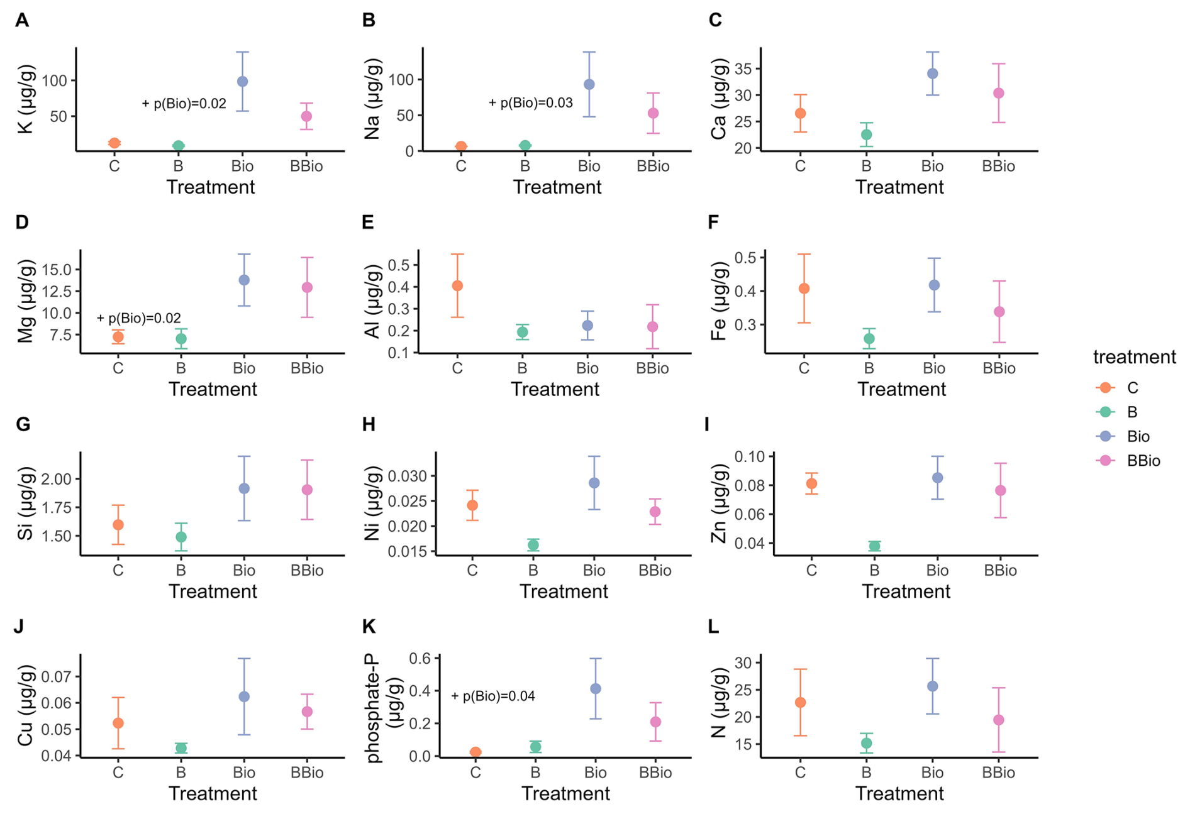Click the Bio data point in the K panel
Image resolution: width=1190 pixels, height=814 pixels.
pos(242,82)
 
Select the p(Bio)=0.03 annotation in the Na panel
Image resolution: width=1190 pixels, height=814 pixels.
pos(531,103)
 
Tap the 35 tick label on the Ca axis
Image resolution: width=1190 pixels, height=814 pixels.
pos(743,69)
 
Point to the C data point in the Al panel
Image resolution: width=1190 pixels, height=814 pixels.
pos(457,286)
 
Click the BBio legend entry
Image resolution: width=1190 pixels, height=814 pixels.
pos(1143,461)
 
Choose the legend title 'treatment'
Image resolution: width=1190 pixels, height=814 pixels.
pos(1134,357)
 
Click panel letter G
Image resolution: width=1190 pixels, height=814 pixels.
pos(23,425)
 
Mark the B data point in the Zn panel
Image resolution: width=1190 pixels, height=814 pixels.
pos(874,546)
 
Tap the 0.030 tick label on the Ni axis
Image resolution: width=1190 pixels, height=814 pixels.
pos(408,476)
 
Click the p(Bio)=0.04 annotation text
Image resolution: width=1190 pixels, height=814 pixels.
pos(493,696)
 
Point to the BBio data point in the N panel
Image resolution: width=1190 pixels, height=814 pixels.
pos(998,720)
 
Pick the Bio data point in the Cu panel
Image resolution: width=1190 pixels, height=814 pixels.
pos(244,697)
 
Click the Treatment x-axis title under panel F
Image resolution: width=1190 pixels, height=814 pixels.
pos(901,390)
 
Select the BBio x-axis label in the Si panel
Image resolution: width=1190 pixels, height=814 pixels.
pos(307,571)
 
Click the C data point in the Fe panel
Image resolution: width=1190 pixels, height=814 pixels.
pos(804,289)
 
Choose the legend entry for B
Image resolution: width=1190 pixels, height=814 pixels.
pos(1132,412)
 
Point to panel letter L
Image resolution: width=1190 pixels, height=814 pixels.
pos(713,627)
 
